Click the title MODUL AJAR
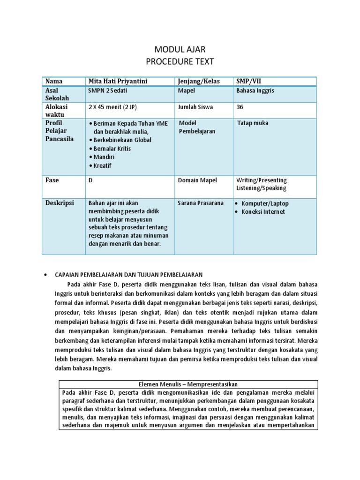point(180,49)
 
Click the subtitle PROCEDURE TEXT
point(180,61)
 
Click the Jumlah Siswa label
point(195,107)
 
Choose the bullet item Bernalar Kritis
point(112,149)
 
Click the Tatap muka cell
point(253,123)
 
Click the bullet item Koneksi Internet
point(263,211)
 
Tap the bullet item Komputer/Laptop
point(265,203)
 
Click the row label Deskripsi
point(60,203)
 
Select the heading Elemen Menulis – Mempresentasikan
point(187,384)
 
